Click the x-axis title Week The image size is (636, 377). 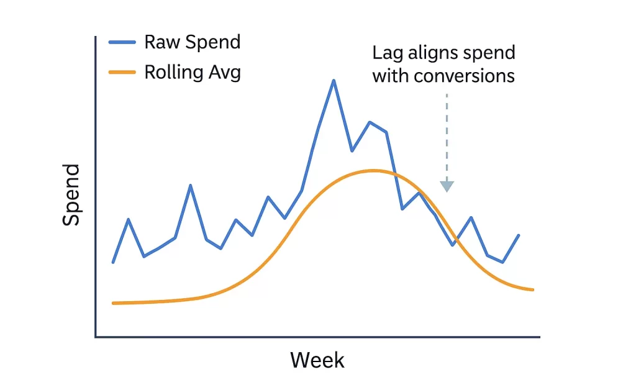click(317, 360)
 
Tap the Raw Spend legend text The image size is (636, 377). click(192, 42)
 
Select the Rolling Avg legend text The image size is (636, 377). click(193, 72)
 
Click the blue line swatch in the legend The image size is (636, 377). click(123, 42)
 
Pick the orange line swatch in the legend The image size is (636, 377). click(123, 73)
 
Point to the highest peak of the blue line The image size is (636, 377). click(334, 81)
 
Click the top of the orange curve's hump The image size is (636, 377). click(373, 170)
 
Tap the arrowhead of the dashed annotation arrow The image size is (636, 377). click(447, 186)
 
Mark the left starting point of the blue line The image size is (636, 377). click(113, 262)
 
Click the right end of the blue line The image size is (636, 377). click(519, 235)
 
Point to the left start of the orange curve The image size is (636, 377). click(113, 303)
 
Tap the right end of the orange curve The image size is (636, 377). click(533, 289)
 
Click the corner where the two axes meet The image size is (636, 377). click(96, 337)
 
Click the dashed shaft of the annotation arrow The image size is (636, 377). click(447, 137)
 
